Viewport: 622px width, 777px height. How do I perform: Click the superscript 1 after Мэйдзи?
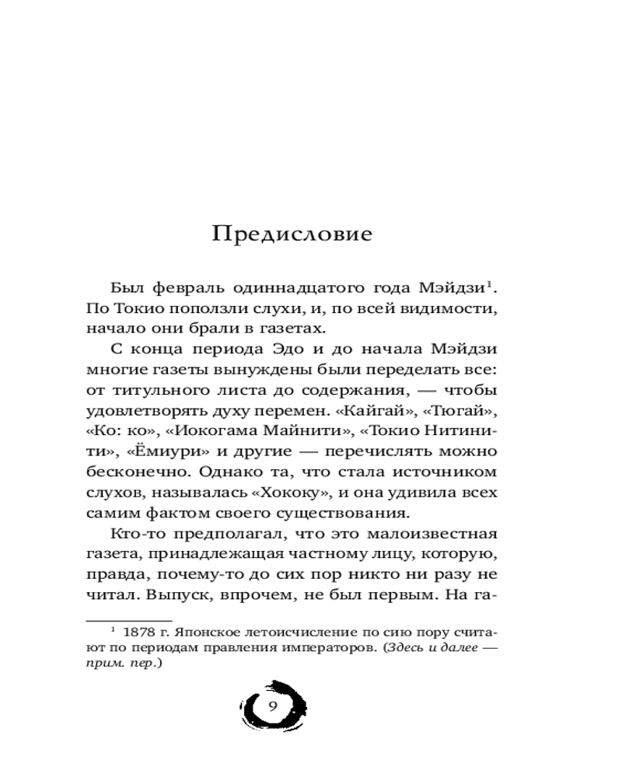point(491,284)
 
